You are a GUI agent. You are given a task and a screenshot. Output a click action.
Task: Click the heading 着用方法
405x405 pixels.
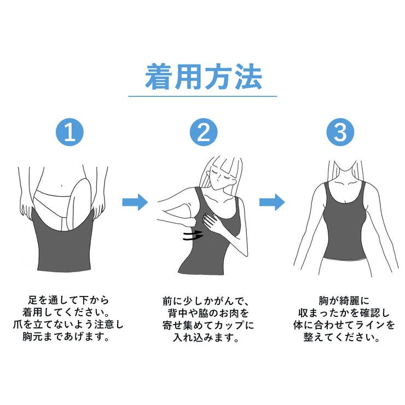203,77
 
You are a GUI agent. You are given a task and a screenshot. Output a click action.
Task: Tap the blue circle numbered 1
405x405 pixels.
70,132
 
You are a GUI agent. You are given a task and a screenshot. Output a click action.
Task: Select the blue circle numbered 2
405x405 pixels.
203,132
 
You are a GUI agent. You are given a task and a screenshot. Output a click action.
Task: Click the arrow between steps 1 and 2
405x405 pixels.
135,202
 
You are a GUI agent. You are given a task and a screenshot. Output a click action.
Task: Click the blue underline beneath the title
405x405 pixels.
203,96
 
